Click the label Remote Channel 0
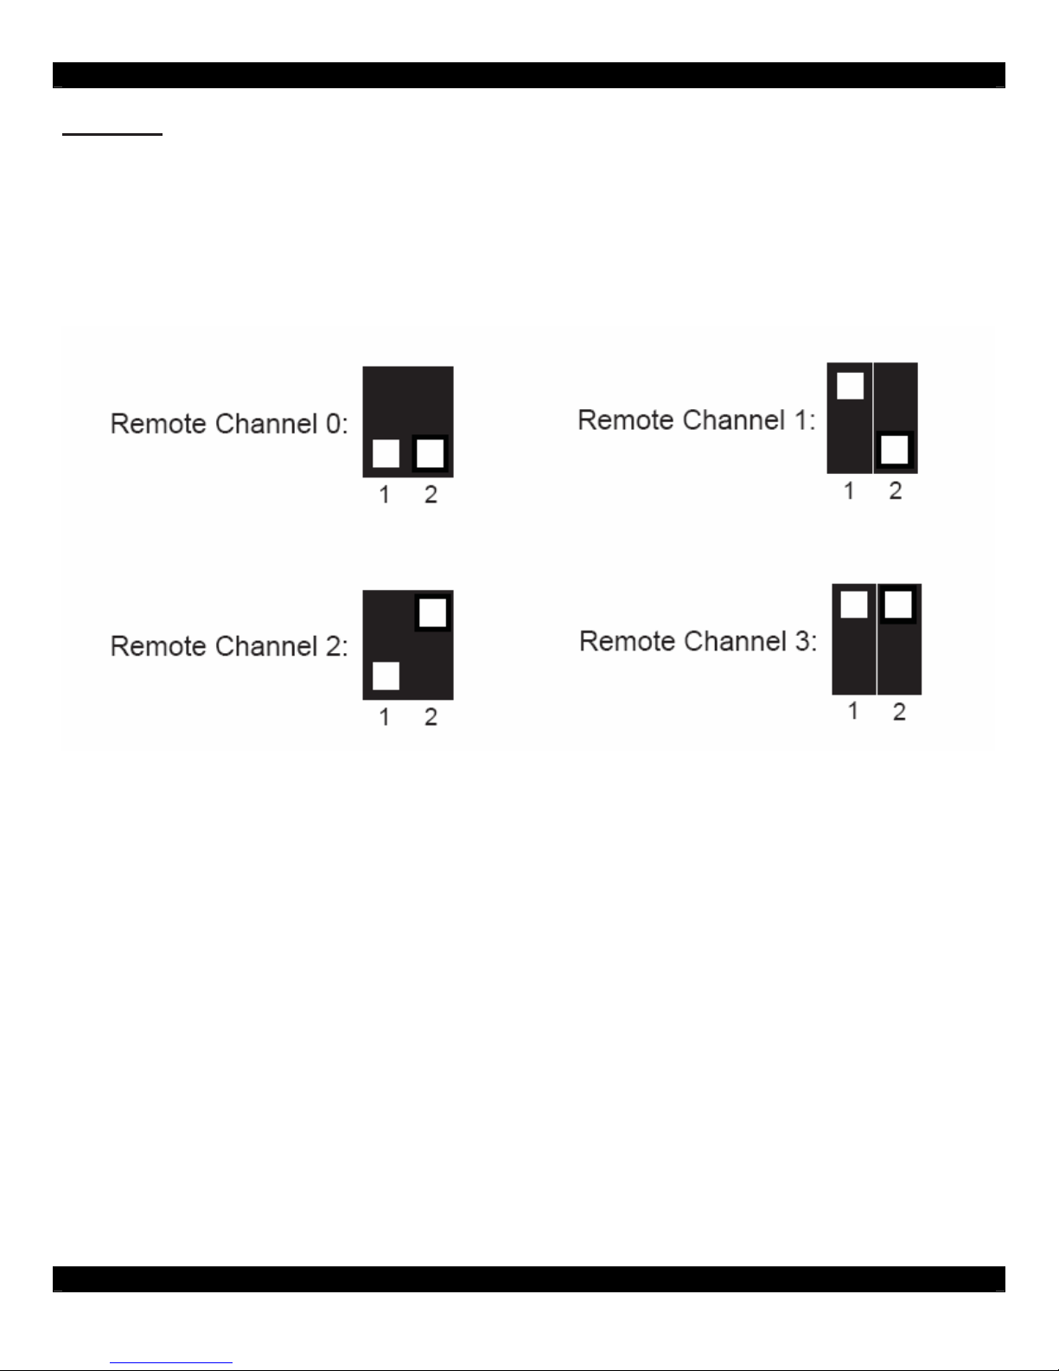click(x=229, y=424)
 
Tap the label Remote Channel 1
click(x=696, y=420)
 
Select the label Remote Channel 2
click(x=229, y=646)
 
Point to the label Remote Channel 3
click(x=698, y=642)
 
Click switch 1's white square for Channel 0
click(x=386, y=453)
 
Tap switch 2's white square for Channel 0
click(x=431, y=453)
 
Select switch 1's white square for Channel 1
click(x=850, y=386)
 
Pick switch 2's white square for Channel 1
click(x=896, y=450)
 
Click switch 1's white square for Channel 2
click(x=386, y=676)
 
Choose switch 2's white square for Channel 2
click(x=432, y=612)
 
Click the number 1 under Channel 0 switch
click(x=385, y=495)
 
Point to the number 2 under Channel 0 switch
click(x=431, y=495)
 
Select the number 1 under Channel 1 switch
click(x=849, y=491)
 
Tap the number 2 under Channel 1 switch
click(x=896, y=491)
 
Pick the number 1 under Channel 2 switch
click(x=385, y=717)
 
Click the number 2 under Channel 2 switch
click(x=431, y=717)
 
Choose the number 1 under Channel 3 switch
click(x=853, y=712)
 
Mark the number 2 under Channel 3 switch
click(x=899, y=712)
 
